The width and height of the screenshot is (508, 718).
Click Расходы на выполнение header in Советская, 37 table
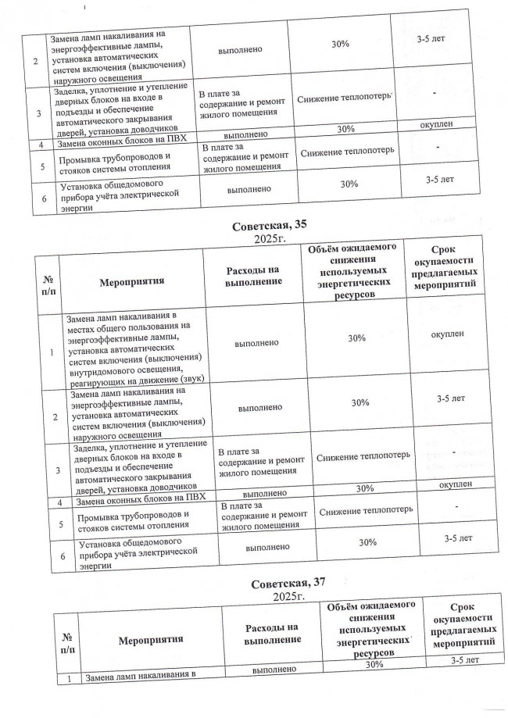(272, 633)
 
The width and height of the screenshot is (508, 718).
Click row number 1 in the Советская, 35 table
(51, 353)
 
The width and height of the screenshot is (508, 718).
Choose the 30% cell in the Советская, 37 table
(374, 664)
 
